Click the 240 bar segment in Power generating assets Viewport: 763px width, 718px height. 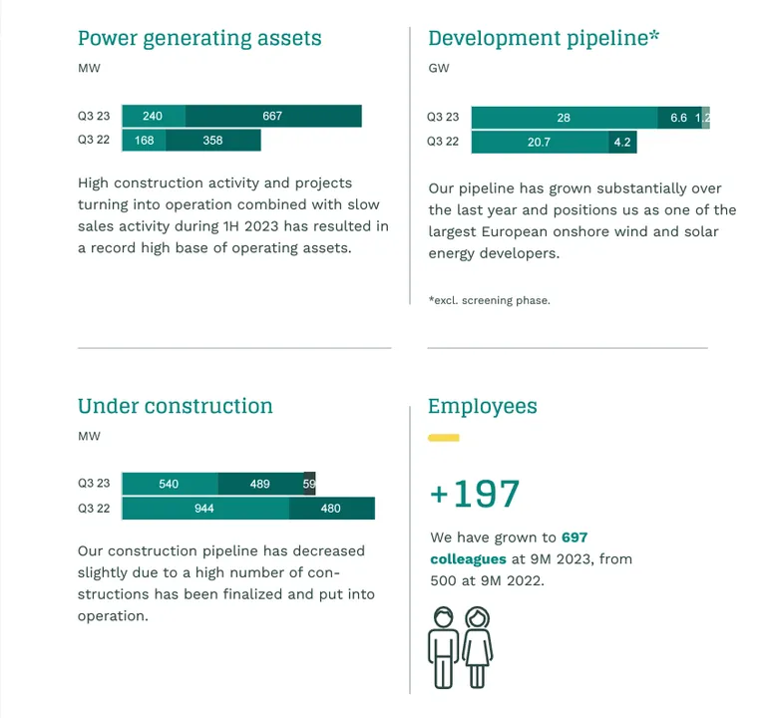154,116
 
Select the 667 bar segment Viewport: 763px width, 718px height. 273,116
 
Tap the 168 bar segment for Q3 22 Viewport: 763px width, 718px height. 145,141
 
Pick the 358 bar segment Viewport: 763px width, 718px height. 213,141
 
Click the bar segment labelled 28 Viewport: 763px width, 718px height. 565,118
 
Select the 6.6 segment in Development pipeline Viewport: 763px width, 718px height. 679,118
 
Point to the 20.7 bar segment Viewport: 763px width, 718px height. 540,143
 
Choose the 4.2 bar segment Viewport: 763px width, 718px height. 622,143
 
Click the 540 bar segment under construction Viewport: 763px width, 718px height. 170,484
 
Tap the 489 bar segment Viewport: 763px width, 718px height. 260,484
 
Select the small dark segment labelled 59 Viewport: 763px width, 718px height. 309,484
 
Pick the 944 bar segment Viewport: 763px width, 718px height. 205,509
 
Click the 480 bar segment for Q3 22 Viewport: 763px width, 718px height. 331,509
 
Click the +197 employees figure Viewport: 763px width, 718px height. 475,494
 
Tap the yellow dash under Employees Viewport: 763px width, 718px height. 443,438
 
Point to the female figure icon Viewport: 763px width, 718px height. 479,645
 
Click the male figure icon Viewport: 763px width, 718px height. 442,645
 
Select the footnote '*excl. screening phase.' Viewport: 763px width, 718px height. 489,300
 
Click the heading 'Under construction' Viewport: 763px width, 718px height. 176,406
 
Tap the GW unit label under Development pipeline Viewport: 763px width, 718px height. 439,69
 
